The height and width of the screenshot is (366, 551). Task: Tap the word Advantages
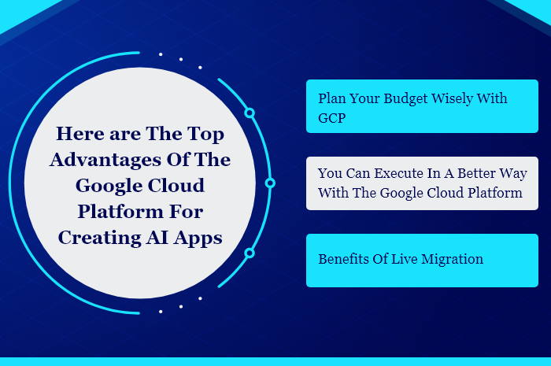pos(105,161)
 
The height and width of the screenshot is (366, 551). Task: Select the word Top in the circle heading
pos(205,135)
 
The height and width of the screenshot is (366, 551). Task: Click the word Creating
pos(99,238)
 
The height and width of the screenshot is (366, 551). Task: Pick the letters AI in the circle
pos(157,238)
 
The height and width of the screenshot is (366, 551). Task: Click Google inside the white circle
pos(109,187)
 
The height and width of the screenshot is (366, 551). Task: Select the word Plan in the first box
pos(331,98)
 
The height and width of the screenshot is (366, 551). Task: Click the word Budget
pos(405,99)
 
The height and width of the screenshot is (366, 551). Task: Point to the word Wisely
pos(452,99)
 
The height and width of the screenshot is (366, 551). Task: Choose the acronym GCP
pos(331,118)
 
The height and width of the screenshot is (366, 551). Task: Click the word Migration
pos(452,260)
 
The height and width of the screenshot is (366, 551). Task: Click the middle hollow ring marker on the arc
pos(270,183)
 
